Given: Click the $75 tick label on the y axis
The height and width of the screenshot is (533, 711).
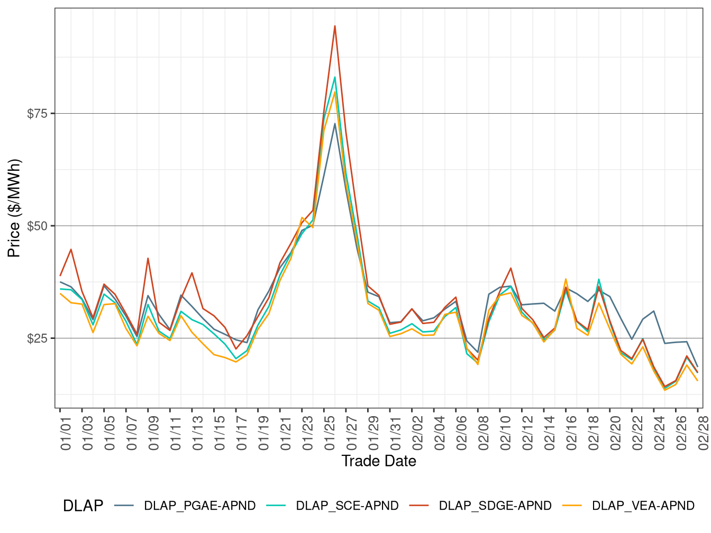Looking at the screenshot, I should click(x=37, y=114).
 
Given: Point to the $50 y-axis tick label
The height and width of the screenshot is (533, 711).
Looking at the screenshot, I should click(x=37, y=226).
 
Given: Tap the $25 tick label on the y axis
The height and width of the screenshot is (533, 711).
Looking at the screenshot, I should click(x=37, y=338).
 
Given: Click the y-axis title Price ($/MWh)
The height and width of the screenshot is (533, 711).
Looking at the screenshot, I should click(x=14, y=208).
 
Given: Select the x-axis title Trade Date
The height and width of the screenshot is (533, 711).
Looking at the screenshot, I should click(x=379, y=461).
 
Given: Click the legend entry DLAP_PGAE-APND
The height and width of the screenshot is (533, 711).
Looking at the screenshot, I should click(x=199, y=506).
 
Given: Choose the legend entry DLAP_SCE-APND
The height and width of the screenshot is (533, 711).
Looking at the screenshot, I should click(x=347, y=506).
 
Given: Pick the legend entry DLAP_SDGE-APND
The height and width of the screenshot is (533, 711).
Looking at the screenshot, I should click(x=495, y=506).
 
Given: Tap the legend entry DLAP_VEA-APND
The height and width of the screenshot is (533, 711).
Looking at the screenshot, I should click(x=643, y=506).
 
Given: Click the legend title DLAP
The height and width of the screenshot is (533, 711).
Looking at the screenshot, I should click(x=83, y=506).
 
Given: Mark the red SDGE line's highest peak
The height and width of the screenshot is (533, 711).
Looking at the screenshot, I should click(x=335, y=26).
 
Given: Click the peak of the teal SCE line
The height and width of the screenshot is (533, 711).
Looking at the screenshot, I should click(x=335, y=77).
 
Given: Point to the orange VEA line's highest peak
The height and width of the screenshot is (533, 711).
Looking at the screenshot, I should click(x=335, y=92).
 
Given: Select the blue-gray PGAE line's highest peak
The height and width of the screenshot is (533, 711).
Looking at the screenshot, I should click(x=335, y=124).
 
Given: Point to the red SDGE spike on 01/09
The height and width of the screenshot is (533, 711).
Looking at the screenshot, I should click(x=148, y=259).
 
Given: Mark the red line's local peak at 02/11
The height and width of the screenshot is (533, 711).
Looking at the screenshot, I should click(x=511, y=268).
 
